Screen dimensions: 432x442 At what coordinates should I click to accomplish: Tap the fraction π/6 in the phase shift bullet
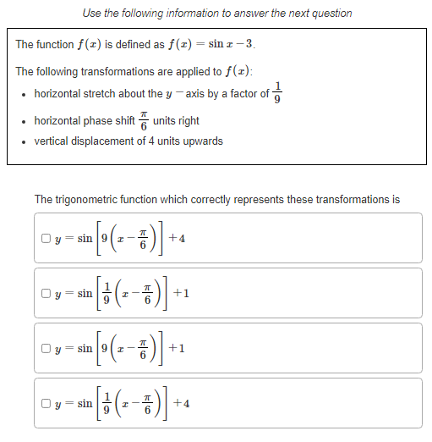point(143,121)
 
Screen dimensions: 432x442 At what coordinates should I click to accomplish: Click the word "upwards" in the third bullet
point(201,141)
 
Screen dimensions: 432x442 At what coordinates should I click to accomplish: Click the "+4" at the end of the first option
point(177,238)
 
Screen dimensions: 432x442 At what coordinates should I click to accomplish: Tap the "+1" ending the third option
point(177,348)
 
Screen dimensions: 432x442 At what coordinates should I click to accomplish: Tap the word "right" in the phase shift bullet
point(188,121)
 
